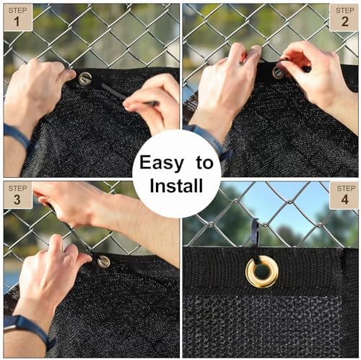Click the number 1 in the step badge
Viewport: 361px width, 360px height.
17,22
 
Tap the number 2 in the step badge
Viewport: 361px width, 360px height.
345,22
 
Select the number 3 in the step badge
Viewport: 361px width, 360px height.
17,200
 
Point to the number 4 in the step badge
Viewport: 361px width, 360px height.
345,200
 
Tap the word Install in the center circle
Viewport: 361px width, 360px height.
176,186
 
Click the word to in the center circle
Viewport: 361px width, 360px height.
204,163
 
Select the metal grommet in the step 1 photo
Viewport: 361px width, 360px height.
84,79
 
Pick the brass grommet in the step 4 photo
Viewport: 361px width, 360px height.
262,272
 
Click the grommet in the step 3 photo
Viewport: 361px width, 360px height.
104,262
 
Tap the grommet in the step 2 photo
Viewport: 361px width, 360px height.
278,72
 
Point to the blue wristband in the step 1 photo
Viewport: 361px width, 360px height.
17,137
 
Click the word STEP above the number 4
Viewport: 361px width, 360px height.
346,188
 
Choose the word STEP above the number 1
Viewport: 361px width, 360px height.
18,10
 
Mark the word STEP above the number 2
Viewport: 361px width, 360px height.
345,10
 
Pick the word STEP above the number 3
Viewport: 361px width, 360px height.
18,188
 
